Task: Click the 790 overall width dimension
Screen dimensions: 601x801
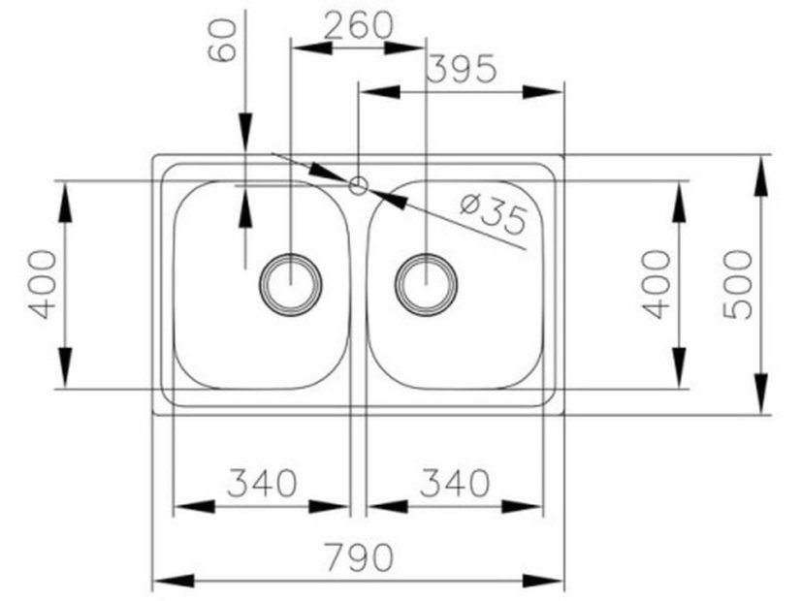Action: coord(358,557)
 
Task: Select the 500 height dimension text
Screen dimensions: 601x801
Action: coord(739,283)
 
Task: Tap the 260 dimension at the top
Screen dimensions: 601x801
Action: coord(358,24)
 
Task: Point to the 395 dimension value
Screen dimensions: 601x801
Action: coord(462,69)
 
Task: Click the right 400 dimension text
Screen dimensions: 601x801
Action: coord(657,283)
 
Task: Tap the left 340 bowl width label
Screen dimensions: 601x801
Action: coord(261,482)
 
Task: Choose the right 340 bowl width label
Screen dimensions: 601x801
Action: coord(454,482)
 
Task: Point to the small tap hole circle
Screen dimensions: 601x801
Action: coord(359,184)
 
